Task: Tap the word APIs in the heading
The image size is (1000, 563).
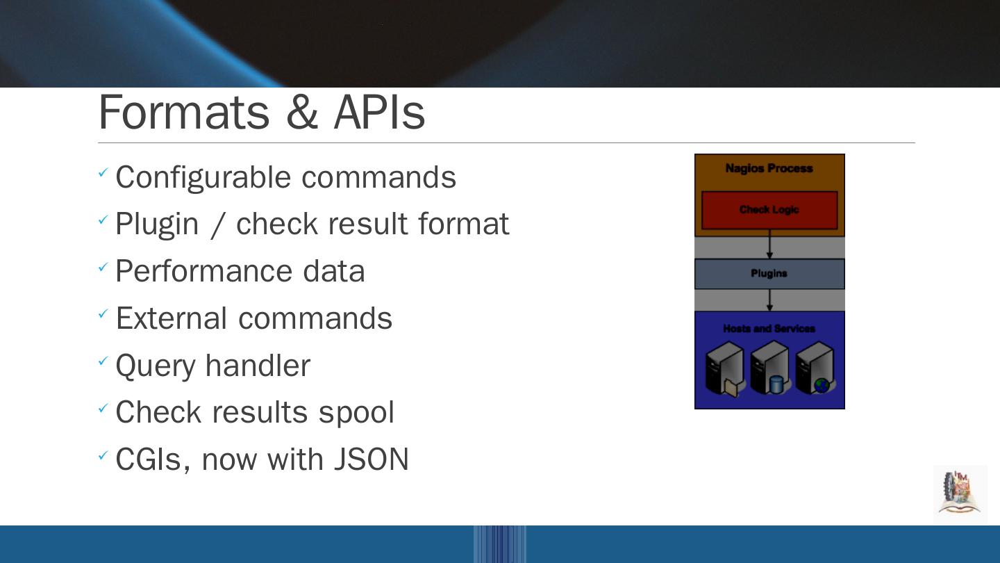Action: (379, 113)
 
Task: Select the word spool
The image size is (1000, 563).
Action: (356, 413)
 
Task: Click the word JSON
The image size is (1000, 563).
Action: (372, 459)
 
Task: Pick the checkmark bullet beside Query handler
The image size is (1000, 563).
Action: (103, 361)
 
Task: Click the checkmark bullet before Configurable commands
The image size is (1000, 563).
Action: (103, 173)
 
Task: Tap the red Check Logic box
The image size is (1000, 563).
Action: (769, 210)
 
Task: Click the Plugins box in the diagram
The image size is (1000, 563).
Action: (769, 274)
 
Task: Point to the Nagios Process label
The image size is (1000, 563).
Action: (769, 168)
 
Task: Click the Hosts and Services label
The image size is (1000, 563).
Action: (769, 329)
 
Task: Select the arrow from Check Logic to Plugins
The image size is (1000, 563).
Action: (769, 247)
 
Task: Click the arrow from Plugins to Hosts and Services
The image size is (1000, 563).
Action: (769, 300)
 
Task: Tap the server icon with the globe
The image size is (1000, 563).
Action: (815, 368)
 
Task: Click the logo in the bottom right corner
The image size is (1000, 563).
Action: (960, 493)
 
